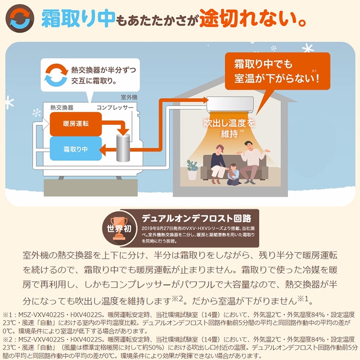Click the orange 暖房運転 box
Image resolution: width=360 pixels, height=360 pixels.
pos(75,123)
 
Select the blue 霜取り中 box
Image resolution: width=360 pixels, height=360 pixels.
pos(75,148)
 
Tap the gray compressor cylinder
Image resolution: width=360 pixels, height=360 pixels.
pos(124,146)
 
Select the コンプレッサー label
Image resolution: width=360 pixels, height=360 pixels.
pos(115,108)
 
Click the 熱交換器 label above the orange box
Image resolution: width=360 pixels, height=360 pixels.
pos(62,108)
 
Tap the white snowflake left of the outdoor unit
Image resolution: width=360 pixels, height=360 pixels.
pos(36,113)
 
